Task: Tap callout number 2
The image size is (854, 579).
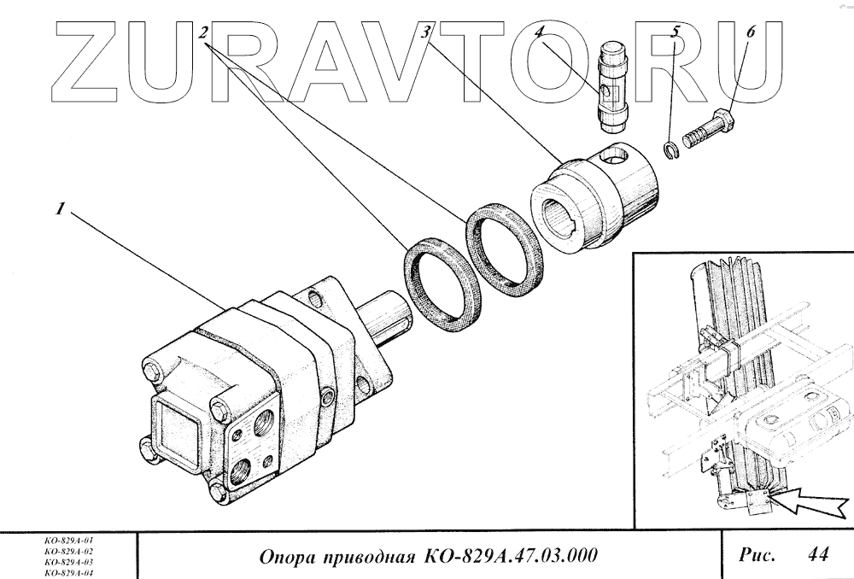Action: (203, 33)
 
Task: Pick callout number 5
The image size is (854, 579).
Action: (676, 33)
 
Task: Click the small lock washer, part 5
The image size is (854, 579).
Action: (672, 150)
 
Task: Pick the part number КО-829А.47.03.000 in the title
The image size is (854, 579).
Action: (505, 556)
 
